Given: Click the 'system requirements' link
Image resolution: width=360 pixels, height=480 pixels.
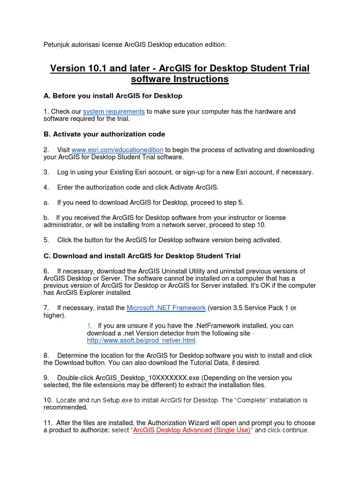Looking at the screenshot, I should click(x=113, y=112).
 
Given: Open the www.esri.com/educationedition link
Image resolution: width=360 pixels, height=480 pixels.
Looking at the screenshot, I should click(x=117, y=150).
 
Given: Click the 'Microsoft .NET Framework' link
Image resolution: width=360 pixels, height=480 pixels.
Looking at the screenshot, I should click(x=166, y=308).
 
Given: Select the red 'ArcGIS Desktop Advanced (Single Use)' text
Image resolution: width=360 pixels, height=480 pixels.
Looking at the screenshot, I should click(x=192, y=430).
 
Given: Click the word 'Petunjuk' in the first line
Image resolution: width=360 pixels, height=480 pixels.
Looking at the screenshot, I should click(x=55, y=45).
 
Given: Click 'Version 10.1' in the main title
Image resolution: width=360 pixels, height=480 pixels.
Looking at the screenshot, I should click(x=78, y=68).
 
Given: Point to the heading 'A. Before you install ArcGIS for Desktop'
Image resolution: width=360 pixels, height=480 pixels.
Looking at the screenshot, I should click(x=112, y=96).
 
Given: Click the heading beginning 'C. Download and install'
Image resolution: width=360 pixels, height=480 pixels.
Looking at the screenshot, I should click(x=142, y=256).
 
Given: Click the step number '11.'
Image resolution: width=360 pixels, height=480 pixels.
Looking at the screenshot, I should click(x=48, y=423).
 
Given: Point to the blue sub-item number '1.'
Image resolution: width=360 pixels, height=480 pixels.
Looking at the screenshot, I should click(x=90, y=326).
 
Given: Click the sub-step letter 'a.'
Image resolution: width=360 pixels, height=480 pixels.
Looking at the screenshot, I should click(x=46, y=202).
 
